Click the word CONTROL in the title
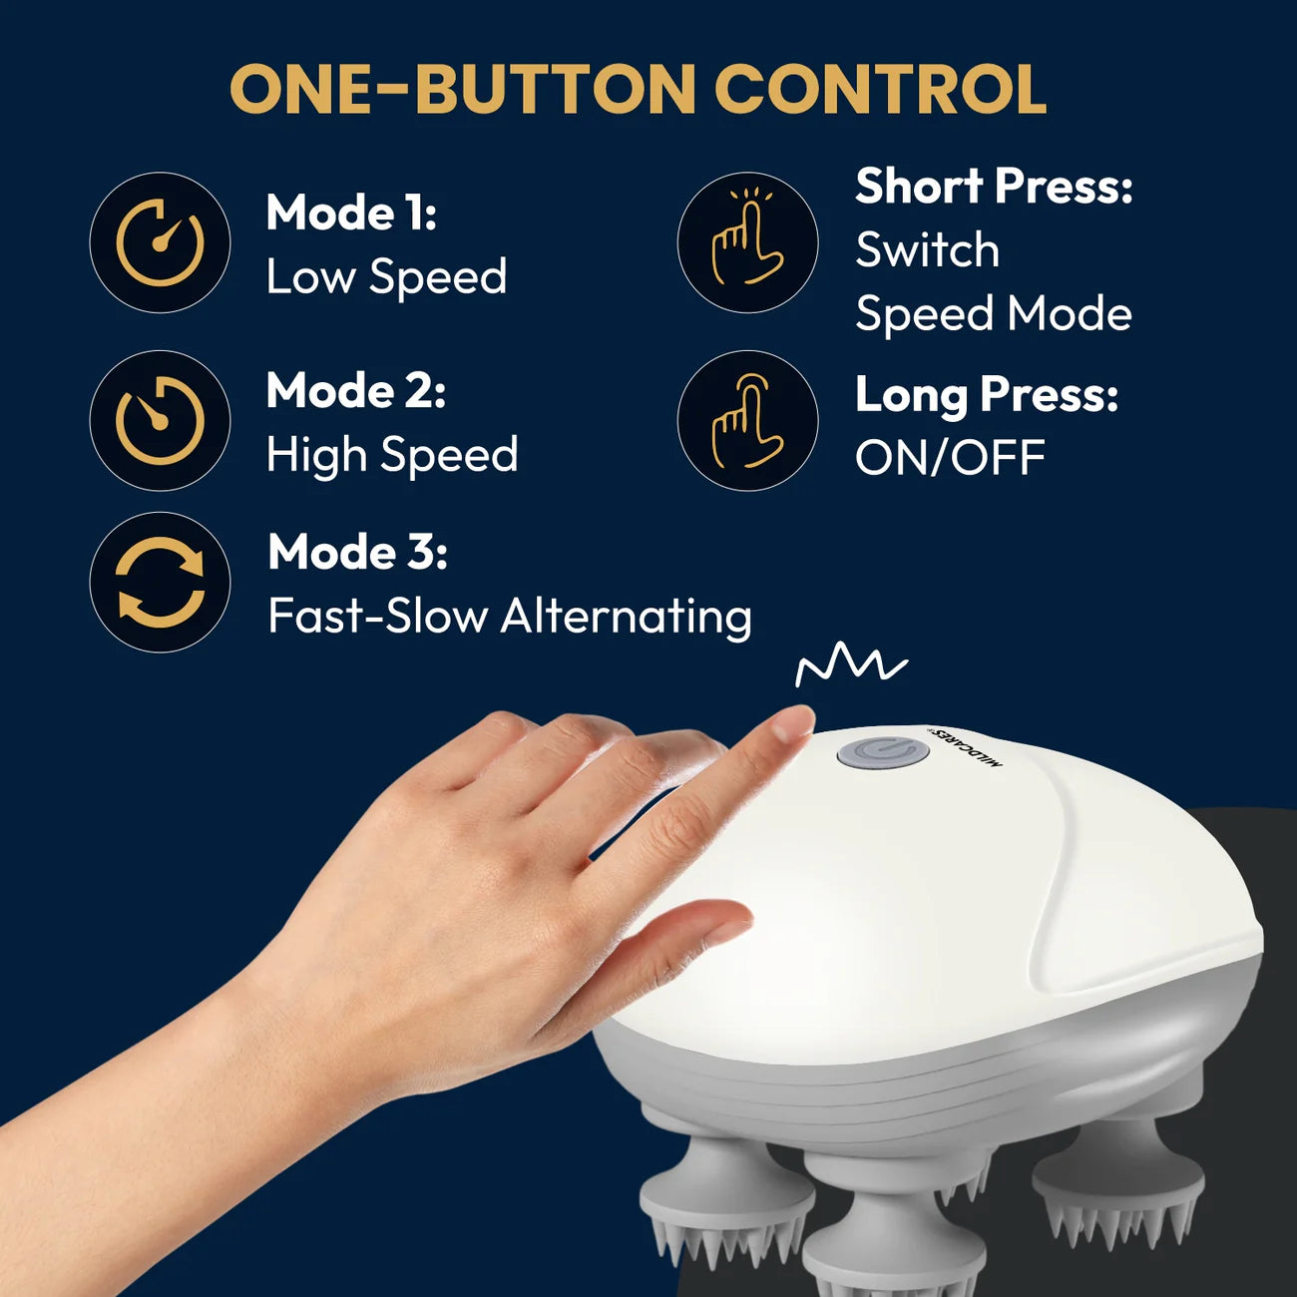click(x=880, y=90)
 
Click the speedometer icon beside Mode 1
click(x=160, y=242)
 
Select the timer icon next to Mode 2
click(x=160, y=420)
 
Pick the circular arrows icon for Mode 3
click(x=160, y=583)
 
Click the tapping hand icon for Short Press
click(x=747, y=242)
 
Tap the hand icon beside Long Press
click(x=747, y=420)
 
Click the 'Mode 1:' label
click(x=351, y=213)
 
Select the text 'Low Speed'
click(x=386, y=276)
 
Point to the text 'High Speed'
click(x=392, y=455)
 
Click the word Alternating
click(x=626, y=617)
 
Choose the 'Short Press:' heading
click(x=994, y=187)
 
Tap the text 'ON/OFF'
click(x=950, y=459)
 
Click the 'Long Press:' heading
click(x=987, y=395)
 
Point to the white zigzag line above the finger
click(x=850, y=664)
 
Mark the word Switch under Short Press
click(x=927, y=250)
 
